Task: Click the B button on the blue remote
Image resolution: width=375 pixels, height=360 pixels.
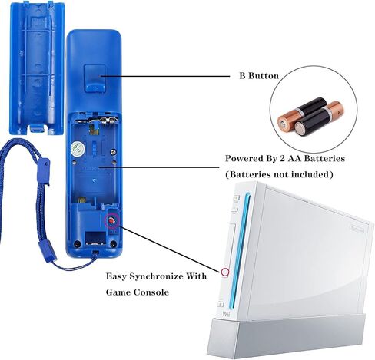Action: [x=95, y=78]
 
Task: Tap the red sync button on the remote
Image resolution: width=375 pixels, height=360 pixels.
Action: [x=111, y=220]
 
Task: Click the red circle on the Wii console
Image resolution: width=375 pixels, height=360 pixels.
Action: [x=225, y=272]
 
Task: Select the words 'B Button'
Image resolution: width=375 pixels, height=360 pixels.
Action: [x=259, y=76]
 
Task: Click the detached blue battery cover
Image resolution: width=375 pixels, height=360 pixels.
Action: [x=36, y=67]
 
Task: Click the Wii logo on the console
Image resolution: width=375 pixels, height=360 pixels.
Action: [x=226, y=314]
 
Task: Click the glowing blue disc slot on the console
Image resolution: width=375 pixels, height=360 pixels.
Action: [x=239, y=251]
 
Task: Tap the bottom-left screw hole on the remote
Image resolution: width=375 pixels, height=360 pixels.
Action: [x=77, y=244]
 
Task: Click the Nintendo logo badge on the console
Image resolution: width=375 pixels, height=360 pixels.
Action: [x=357, y=229]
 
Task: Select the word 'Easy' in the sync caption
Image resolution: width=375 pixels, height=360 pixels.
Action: [x=116, y=277]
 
